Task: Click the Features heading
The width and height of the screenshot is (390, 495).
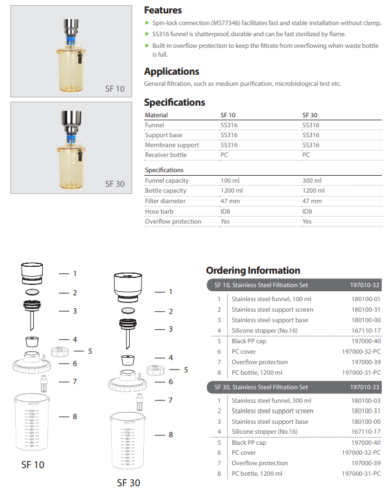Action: [163, 10]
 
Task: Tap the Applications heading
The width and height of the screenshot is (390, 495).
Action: [171, 71]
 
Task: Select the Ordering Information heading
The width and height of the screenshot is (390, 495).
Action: [253, 270]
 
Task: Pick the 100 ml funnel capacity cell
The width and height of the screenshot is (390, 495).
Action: [229, 181]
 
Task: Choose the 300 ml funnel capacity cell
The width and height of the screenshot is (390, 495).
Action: [311, 181]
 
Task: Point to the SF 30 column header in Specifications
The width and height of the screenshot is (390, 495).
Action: [309, 115]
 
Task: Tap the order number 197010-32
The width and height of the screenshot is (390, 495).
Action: [365, 285]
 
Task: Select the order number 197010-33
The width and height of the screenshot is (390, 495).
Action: [365, 387]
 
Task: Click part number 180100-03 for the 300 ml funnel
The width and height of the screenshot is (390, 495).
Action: [366, 400]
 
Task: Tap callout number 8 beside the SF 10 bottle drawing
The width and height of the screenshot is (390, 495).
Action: [74, 417]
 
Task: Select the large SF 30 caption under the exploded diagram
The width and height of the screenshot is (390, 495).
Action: [129, 483]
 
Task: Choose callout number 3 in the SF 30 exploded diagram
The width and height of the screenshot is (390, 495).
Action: [170, 330]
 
